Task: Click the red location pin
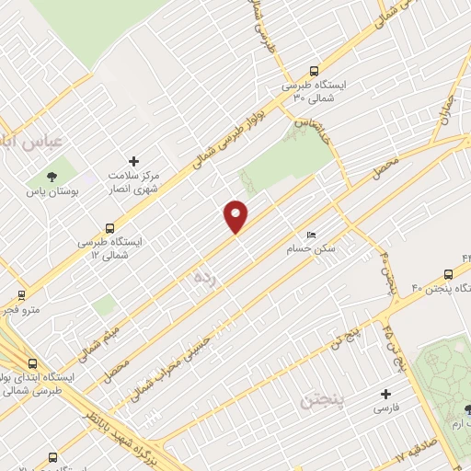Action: [x=236, y=216]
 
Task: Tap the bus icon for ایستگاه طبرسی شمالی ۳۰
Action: [x=315, y=71]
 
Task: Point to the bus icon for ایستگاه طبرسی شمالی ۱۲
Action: [x=111, y=228]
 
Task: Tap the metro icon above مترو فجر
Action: [x=21, y=295]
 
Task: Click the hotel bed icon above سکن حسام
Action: [x=311, y=235]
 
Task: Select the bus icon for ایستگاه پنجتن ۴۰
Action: [x=448, y=273]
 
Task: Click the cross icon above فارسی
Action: [x=386, y=394]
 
